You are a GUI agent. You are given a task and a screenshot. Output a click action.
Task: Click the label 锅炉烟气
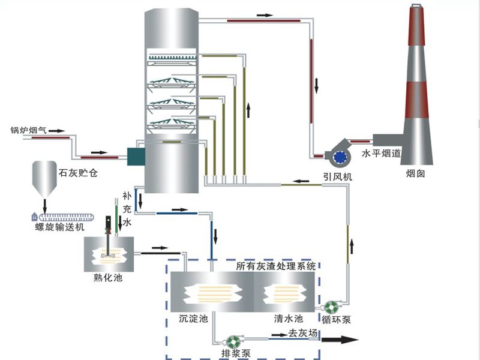tap(28, 130)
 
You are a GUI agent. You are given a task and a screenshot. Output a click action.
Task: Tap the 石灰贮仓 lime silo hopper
tap(44, 179)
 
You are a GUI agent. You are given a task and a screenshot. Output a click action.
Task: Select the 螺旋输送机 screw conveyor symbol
tap(63, 217)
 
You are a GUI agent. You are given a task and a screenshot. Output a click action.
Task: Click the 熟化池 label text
tap(108, 278)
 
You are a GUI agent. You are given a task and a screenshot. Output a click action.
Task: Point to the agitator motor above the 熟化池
tap(108, 223)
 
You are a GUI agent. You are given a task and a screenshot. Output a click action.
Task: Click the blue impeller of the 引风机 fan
tap(340, 157)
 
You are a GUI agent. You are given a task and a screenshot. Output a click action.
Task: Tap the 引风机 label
tap(338, 177)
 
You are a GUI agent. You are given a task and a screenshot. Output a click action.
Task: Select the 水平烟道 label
tap(381, 153)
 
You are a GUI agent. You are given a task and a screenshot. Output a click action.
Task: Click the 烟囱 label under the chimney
tap(415, 173)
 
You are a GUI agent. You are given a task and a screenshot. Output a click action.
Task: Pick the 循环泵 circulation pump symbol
tap(331, 307)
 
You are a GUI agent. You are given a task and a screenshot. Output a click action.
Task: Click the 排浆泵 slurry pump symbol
tap(235, 342)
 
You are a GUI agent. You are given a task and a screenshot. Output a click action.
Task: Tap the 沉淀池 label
tap(193, 319)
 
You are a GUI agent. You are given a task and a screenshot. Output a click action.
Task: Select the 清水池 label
tap(289, 319)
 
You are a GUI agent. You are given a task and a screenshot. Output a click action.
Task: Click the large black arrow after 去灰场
tap(340, 340)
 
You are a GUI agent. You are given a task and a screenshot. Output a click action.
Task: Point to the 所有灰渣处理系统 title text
tap(276, 266)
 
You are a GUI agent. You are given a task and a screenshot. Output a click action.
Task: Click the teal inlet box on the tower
tap(136, 157)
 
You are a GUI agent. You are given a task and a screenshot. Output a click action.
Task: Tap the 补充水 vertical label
tap(127, 209)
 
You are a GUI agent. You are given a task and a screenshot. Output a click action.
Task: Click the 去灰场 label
tap(303, 333)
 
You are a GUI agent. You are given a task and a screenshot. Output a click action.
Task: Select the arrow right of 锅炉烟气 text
tap(56, 131)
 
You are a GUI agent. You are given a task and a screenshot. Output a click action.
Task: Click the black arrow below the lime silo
tap(44, 206)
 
